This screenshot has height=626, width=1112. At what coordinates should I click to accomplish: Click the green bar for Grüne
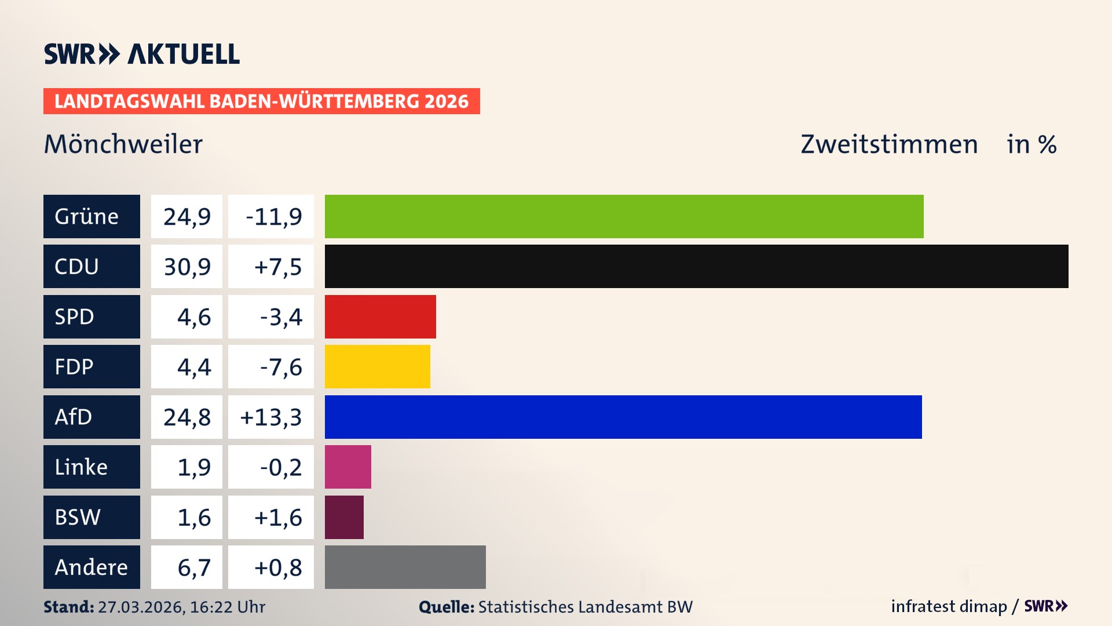click(624, 216)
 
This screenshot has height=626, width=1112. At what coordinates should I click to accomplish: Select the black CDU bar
click(696, 266)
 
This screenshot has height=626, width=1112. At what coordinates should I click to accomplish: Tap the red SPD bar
click(380, 316)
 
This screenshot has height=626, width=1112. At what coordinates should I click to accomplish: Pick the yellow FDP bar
click(377, 366)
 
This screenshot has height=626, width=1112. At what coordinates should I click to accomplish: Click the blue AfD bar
click(623, 417)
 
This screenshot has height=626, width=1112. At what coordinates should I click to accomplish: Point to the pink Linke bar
click(348, 467)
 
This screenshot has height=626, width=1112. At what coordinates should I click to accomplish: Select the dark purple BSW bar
click(344, 517)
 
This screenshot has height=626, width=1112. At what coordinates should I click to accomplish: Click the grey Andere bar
click(405, 567)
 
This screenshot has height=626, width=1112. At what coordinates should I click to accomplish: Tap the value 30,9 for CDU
click(186, 267)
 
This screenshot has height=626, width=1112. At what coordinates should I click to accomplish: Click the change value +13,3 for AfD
click(270, 417)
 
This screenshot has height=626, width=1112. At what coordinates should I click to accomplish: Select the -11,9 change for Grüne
click(273, 217)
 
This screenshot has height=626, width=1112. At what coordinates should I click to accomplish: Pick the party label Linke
click(81, 467)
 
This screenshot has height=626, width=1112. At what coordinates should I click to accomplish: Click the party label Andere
click(91, 567)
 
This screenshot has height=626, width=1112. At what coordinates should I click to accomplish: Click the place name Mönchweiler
click(123, 144)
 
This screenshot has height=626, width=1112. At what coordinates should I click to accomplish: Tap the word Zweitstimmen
click(889, 144)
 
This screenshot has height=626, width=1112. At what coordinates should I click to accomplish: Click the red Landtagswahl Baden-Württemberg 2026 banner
click(261, 101)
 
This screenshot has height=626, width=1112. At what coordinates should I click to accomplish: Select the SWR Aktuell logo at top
click(142, 54)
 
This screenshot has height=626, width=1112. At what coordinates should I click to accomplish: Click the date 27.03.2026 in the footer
click(141, 607)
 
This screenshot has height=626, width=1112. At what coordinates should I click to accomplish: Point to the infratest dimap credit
click(949, 606)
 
